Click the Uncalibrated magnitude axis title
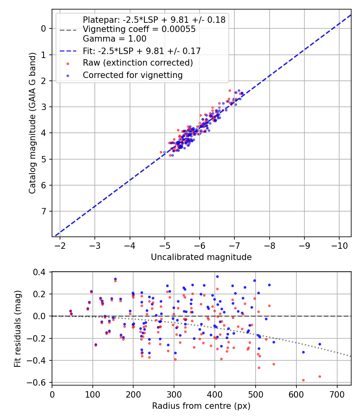click(x=201, y=257)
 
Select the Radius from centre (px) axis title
click(x=201, y=406)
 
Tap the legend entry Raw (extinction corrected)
click(x=138, y=63)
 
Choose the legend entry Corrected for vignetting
click(x=132, y=75)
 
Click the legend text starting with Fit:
click(x=142, y=51)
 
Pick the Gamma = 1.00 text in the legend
click(x=114, y=39)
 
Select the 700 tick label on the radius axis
click(x=337, y=394)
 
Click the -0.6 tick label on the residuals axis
click(x=39, y=383)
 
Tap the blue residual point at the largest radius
click(x=320, y=344)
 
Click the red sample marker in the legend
click(x=68, y=63)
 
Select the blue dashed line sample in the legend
click(x=68, y=51)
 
